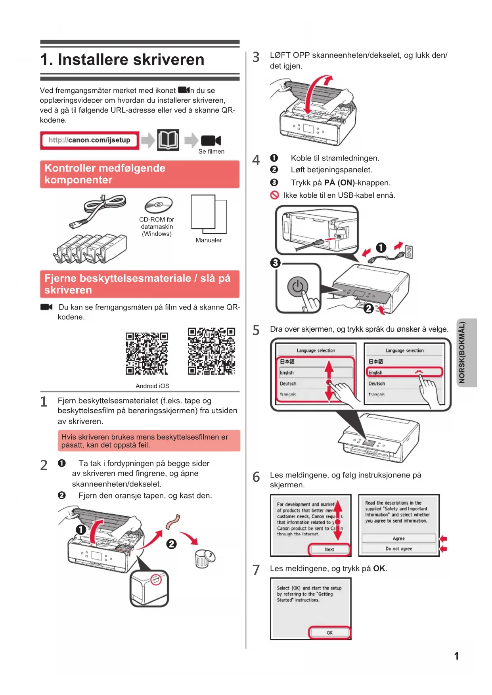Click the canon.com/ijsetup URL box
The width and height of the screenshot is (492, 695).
point(90,140)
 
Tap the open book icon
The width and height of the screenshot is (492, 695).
point(168,140)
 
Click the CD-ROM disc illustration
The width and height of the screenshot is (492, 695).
point(158,205)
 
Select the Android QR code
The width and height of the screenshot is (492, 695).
point(147,353)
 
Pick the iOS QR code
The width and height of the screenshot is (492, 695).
point(211,351)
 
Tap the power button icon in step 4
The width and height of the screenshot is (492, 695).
point(298,286)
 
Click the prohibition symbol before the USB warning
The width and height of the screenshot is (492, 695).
point(274,195)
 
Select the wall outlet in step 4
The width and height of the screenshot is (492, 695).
point(409,252)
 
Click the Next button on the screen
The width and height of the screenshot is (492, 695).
point(329,549)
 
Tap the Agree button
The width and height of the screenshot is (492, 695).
point(398,538)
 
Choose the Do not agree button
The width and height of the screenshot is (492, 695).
point(398,549)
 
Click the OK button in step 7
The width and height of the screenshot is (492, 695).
point(329,632)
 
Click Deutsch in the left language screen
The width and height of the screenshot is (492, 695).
point(288,384)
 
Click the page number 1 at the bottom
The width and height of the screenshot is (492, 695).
point(456,656)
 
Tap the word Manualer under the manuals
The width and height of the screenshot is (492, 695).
point(209,240)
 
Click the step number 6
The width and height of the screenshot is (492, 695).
point(257,477)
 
